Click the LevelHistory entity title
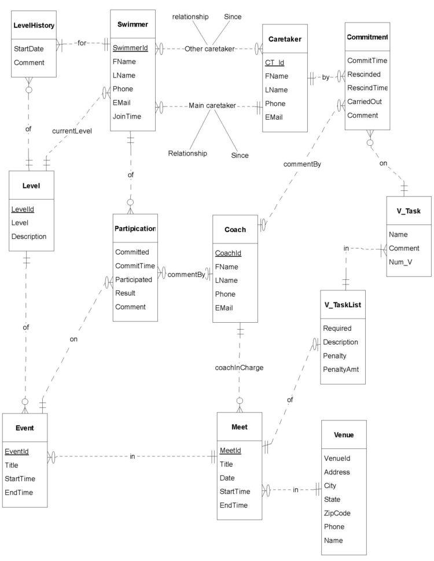[x=34, y=26]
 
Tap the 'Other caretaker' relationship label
[x=209, y=49]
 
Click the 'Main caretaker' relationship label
[x=212, y=106]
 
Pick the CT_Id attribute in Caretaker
[x=274, y=62]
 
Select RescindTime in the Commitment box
[x=367, y=88]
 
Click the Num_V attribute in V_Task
[x=400, y=263]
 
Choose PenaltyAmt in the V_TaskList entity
[x=341, y=368]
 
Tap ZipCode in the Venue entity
[x=337, y=513]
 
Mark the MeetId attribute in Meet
[x=230, y=451]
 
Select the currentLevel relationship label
[x=71, y=131]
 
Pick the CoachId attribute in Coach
[x=227, y=253]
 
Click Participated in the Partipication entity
[x=133, y=279]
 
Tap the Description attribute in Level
[x=29, y=236]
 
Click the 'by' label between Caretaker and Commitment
[x=326, y=77]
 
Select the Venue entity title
[x=344, y=434]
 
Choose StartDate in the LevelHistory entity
[x=29, y=49]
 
